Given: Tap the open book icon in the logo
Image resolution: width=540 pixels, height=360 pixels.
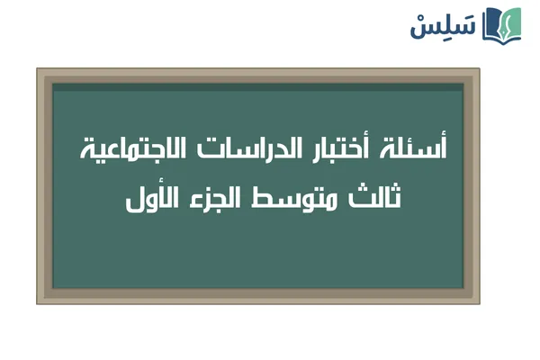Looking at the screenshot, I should pyautogui.click(x=502, y=24).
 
